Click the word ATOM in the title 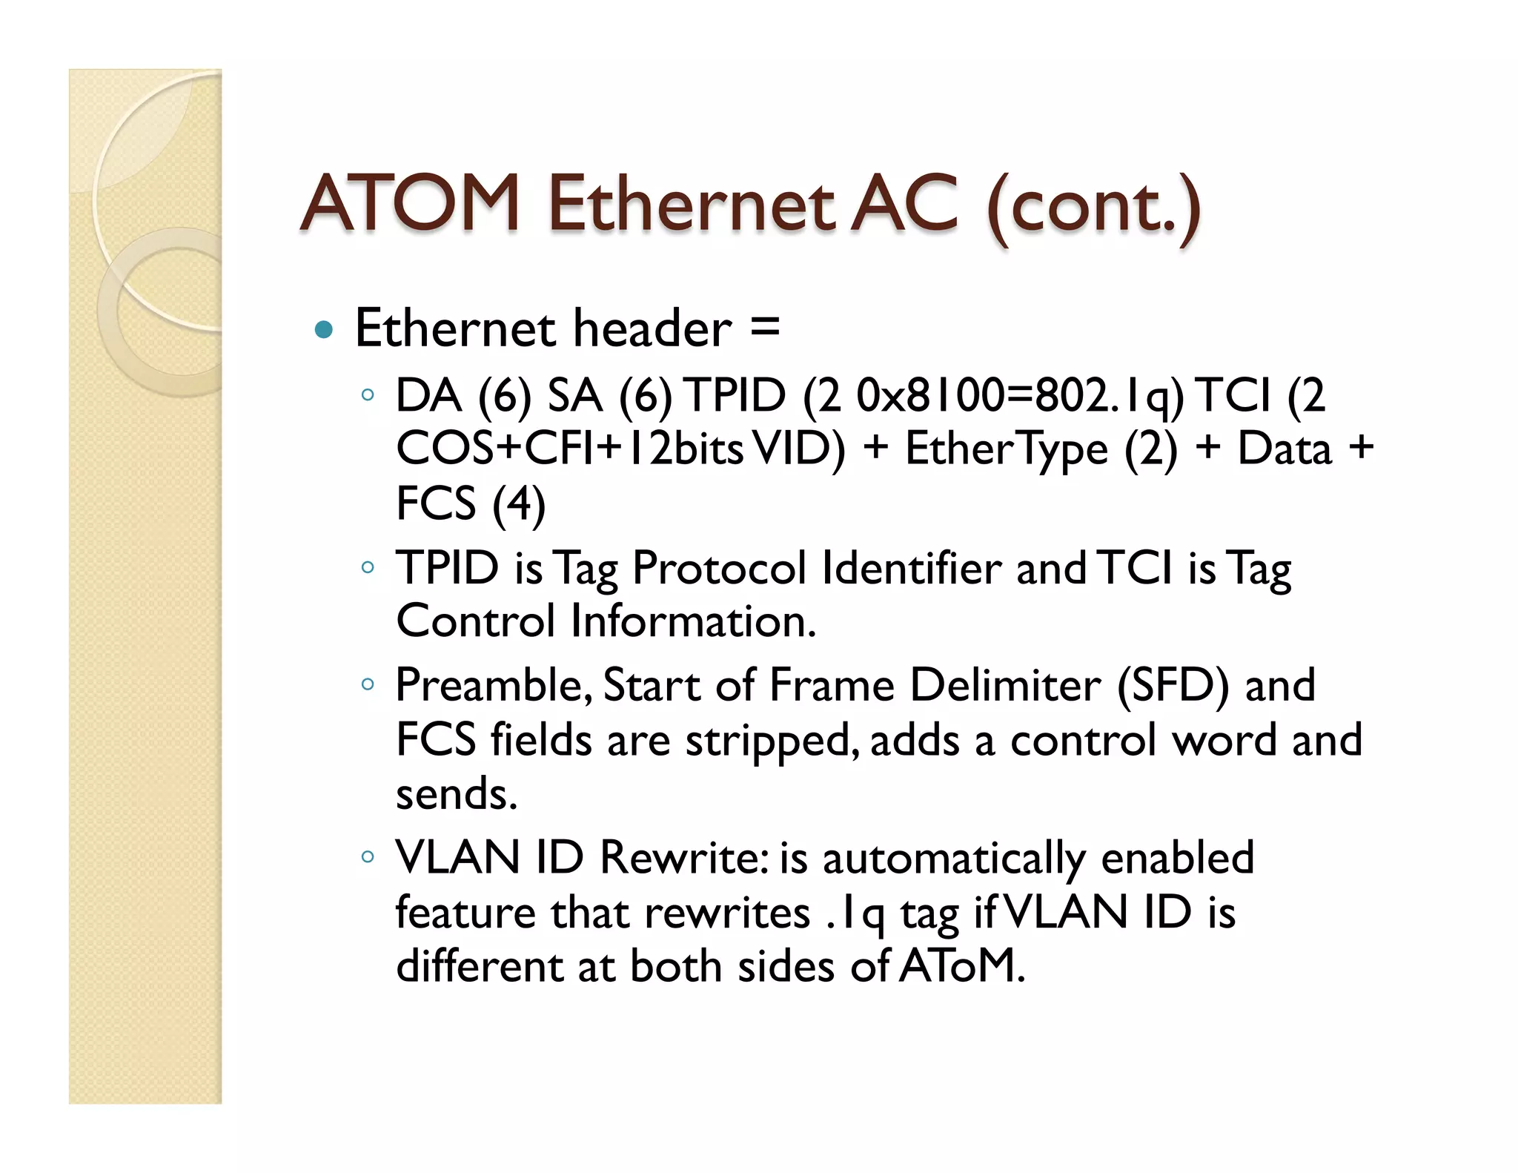(411, 203)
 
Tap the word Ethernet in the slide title (691, 203)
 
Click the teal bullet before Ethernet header (324, 329)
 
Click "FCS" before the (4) (436, 503)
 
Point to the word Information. (693, 621)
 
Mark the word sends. (456, 794)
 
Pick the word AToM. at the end (962, 966)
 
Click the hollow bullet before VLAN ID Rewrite (367, 857)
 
